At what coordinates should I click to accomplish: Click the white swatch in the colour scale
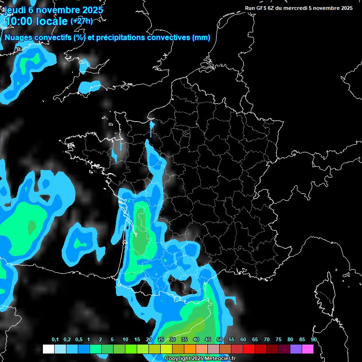coord(48,349)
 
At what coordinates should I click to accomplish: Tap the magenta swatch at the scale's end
coord(308,349)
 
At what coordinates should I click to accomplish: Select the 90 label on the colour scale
coord(314,339)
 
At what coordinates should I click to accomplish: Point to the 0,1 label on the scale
coord(55,339)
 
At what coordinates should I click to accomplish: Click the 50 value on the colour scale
coord(220,339)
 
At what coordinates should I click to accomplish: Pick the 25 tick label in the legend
coord(161,339)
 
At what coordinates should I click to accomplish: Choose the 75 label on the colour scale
coord(279,339)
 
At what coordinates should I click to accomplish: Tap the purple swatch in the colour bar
coord(296,349)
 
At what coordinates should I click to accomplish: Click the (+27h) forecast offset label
coord(82,21)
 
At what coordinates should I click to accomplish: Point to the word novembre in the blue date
coord(59,10)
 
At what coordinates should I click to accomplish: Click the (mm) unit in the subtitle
coord(201,38)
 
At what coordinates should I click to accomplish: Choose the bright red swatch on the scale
coord(249,349)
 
